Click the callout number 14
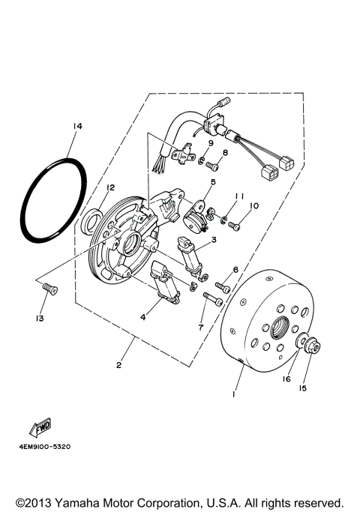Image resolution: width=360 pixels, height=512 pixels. pos(77,127)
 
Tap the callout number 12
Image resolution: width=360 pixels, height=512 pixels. pos(110,187)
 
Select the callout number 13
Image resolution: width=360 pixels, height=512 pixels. pos(39,319)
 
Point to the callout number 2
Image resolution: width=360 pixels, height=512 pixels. pos(119,365)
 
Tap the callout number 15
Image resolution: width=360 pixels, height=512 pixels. pos(304,388)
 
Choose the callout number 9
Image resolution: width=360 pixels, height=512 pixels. pos(211,143)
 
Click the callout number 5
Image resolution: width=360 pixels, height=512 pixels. pos(213,182)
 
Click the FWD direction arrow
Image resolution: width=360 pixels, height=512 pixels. pos(40,428)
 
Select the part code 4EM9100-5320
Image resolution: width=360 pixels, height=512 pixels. pos(41,447)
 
